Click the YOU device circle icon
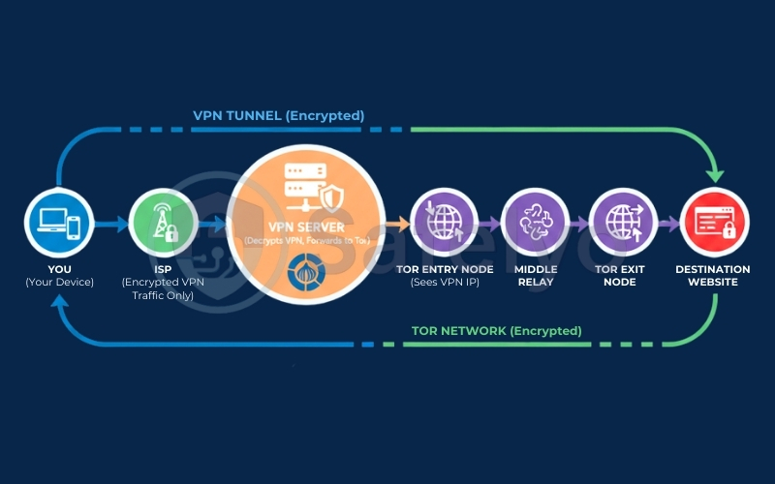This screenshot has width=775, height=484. [x=58, y=225]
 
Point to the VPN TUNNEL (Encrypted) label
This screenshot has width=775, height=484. [x=279, y=115]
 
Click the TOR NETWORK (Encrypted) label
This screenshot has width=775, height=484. [x=496, y=331]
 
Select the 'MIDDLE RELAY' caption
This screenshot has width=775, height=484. [x=534, y=275]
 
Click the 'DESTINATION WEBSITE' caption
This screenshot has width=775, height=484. [x=713, y=275]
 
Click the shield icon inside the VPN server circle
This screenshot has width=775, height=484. [x=331, y=198]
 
